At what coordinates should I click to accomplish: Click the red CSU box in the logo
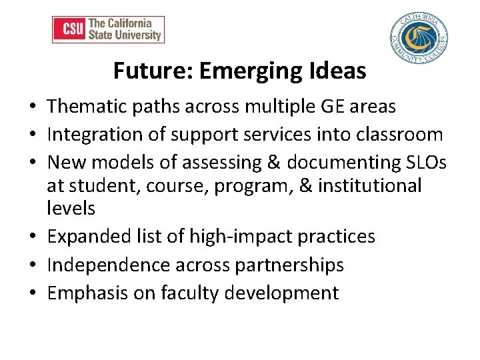point(69,29)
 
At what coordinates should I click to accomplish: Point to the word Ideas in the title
point(341,71)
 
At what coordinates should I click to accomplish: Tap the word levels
point(71,208)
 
